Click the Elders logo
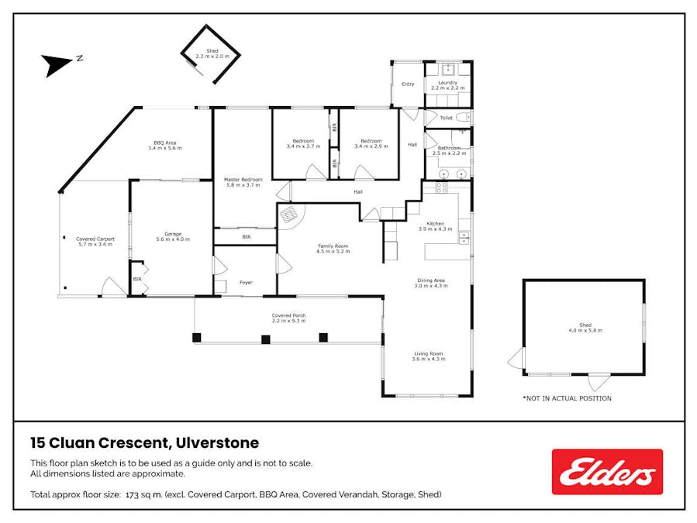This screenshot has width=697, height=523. (x=607, y=471)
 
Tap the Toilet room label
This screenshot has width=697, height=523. (x=446, y=118)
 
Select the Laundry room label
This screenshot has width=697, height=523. (x=447, y=85)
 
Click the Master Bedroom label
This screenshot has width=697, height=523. (x=243, y=182)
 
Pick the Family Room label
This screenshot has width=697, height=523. (x=333, y=249)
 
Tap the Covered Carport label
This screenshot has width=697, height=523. (x=95, y=241)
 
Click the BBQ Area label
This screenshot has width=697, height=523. (x=165, y=146)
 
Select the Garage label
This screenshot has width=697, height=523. (x=173, y=236)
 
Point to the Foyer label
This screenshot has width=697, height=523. (x=246, y=282)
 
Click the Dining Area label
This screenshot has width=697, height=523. (x=431, y=283)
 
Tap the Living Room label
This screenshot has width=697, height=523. (x=429, y=356)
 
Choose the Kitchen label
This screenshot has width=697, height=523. (x=435, y=226)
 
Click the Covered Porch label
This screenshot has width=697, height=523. (x=288, y=318)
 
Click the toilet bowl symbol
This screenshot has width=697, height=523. (x=464, y=117)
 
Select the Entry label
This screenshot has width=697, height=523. (x=408, y=84)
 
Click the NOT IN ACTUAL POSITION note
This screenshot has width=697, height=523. (x=568, y=398)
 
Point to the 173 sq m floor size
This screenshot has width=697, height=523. (x=144, y=494)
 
